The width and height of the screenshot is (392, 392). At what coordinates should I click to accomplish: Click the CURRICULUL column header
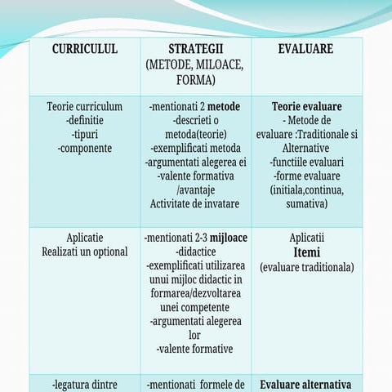pos(85,49)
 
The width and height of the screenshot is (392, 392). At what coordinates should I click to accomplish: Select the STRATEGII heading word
pos(195,49)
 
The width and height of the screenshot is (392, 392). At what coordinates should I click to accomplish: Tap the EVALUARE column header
pos(305,49)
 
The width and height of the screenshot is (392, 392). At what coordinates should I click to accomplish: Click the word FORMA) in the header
pos(195,80)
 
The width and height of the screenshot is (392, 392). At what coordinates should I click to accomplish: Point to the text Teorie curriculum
pos(85,106)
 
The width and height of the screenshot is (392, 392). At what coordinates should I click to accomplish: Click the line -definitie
pos(85,120)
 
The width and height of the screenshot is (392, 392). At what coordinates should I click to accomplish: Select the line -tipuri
pos(85,134)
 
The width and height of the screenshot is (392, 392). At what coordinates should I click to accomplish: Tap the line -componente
pos(85,148)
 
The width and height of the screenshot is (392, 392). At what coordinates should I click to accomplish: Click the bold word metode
pos(222,106)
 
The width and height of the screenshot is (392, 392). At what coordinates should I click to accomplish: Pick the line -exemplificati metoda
pos(195,148)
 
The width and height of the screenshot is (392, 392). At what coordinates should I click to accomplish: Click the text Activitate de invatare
pos(195,203)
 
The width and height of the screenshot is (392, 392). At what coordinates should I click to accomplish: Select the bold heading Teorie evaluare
pos(306,106)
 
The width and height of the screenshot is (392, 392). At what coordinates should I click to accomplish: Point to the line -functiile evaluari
pos(306,162)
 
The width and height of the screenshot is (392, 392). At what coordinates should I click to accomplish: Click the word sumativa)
pos(306,203)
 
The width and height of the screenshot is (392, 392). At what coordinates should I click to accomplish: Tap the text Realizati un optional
pos(85,252)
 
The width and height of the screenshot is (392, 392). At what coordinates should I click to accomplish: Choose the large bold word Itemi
pos(306,252)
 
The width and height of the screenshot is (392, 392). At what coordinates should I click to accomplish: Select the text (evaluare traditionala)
pos(306,267)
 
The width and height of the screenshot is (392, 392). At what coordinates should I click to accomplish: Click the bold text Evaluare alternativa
pos(306,385)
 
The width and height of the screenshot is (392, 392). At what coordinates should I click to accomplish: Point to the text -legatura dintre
pos(85,385)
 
